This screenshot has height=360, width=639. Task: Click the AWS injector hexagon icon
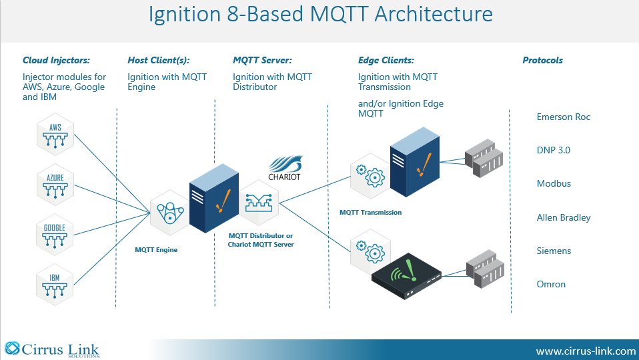(x=55, y=135)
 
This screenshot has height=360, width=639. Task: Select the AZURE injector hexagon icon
(x=55, y=185)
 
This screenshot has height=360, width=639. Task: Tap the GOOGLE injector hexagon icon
(x=55, y=235)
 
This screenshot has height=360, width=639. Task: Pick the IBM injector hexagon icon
(x=55, y=285)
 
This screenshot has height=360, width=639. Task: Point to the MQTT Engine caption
(x=156, y=249)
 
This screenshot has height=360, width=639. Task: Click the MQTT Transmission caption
(x=370, y=212)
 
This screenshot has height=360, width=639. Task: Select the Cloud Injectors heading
(x=56, y=60)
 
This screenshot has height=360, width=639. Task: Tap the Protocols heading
(x=542, y=60)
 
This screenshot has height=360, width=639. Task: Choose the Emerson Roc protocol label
(x=563, y=117)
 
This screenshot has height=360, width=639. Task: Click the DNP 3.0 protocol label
(x=553, y=150)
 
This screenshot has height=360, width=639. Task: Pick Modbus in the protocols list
(x=554, y=183)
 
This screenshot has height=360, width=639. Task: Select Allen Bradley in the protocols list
(x=563, y=217)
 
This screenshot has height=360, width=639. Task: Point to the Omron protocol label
(x=550, y=284)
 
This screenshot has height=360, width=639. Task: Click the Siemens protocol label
(x=554, y=251)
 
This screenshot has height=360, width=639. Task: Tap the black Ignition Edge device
(x=406, y=277)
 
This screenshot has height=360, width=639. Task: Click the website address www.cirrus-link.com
(x=586, y=351)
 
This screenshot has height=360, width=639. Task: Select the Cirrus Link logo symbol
(x=12, y=348)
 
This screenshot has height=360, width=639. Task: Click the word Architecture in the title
(x=434, y=14)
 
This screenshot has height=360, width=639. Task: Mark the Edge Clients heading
(x=386, y=60)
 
